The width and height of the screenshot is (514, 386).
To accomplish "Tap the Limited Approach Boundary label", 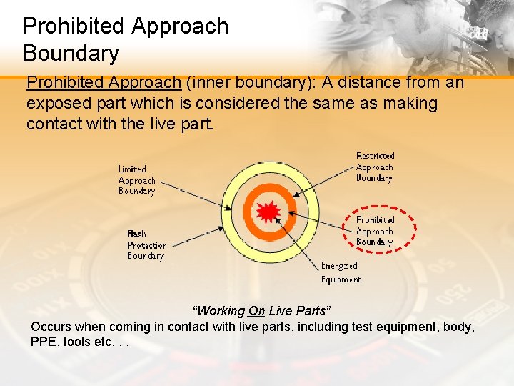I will pyautogui.click(x=136, y=180).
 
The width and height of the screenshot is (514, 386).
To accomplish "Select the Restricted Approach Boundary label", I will pyautogui.click(x=375, y=167).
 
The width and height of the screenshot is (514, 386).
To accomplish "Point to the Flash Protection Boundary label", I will pyautogui.click(x=146, y=244).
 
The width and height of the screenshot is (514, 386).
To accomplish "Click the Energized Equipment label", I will pyautogui.click(x=341, y=272).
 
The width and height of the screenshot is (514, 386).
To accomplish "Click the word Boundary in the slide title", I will pyautogui.click(x=71, y=53).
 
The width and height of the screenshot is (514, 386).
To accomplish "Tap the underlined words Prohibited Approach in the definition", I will pyautogui.click(x=104, y=83).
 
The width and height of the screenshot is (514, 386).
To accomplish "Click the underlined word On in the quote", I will pyautogui.click(x=256, y=311).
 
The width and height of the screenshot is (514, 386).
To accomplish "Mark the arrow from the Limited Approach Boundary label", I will pyautogui.click(x=193, y=194).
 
